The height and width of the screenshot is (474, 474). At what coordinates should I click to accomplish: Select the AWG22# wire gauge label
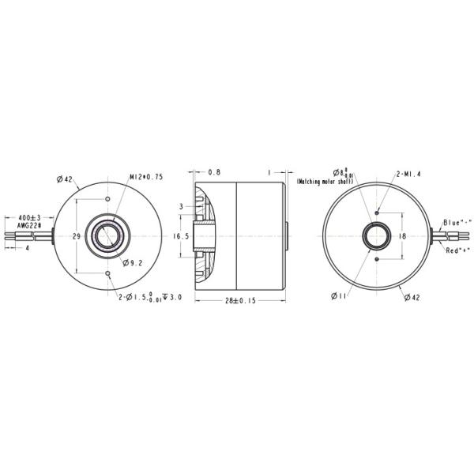click(28, 226)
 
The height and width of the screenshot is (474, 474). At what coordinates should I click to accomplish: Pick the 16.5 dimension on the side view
click(181, 235)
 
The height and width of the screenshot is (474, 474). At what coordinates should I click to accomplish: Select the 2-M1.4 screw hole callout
click(408, 174)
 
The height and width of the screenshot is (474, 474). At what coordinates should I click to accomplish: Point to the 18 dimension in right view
click(401, 235)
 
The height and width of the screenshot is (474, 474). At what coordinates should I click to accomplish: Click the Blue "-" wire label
click(457, 222)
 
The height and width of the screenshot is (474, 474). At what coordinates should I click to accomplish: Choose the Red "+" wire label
click(457, 250)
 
